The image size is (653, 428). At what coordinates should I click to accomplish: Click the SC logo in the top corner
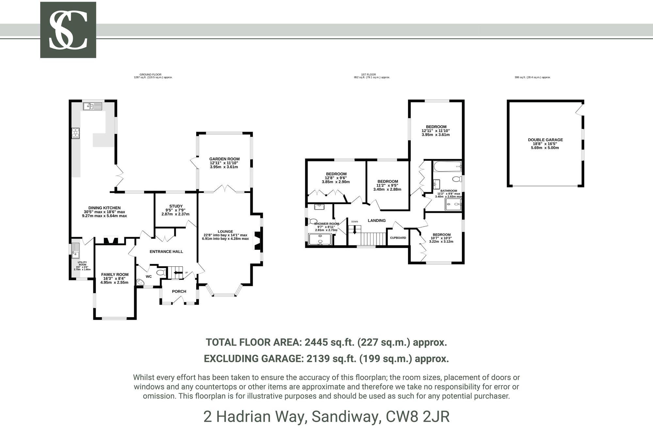(68, 30)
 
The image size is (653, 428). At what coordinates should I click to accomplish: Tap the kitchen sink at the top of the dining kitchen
(93, 106)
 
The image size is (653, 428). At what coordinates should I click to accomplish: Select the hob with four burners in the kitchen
(76, 133)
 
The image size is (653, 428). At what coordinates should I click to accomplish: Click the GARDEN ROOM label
(224, 159)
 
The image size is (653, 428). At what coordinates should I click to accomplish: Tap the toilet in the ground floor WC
(161, 273)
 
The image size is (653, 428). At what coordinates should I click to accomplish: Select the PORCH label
(179, 291)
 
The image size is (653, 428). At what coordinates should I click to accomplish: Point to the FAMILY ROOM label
(115, 274)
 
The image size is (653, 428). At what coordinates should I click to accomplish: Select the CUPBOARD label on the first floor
(398, 238)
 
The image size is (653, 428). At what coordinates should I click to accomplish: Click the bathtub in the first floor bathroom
(447, 167)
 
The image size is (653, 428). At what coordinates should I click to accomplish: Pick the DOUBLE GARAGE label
(545, 140)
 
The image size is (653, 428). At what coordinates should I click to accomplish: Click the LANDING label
(377, 220)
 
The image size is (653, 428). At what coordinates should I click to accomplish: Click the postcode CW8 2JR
(418, 416)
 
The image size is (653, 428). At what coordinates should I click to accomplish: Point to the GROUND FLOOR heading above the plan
(151, 75)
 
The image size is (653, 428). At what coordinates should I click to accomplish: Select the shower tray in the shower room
(320, 239)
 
